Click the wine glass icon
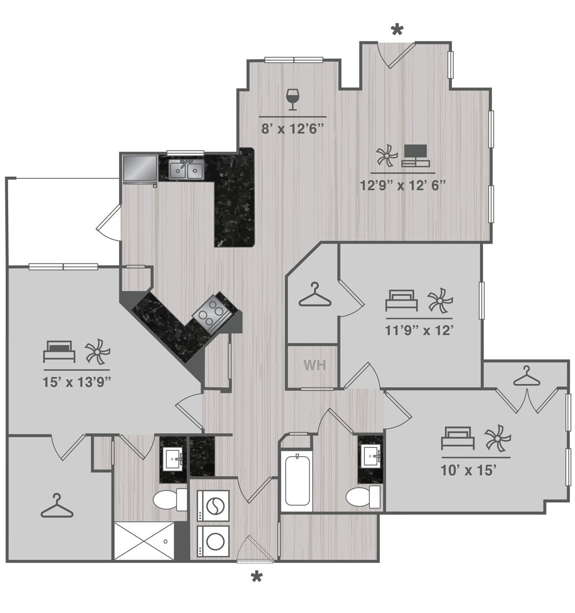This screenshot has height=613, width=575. (293, 99)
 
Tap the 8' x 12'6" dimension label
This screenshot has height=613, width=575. (293, 129)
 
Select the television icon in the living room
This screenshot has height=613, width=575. (416, 155)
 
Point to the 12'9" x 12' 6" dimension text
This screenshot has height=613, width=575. (403, 185)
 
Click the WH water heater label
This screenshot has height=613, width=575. (315, 366)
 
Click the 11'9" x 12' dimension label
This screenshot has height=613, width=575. (419, 331)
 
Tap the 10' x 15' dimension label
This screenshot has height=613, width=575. (469, 470)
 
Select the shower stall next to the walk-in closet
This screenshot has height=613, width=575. (144, 540)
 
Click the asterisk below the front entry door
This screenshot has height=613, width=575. (257, 578)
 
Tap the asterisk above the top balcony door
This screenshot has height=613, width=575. (397, 30)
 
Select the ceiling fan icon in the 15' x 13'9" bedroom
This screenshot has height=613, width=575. (97, 352)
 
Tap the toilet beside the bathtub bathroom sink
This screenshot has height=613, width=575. (362, 497)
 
